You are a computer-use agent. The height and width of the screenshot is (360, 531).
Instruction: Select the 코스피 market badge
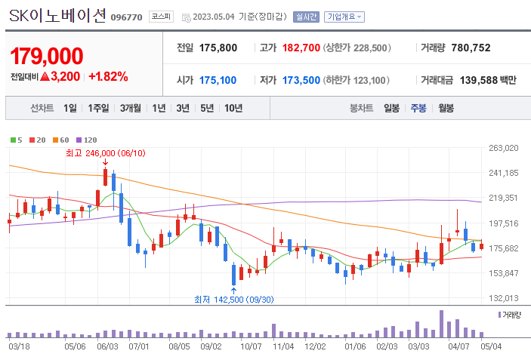click(x=160, y=17)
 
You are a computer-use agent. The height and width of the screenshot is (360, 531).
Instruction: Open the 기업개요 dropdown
click(x=345, y=17)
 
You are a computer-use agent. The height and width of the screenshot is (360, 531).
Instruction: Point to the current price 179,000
click(x=47, y=57)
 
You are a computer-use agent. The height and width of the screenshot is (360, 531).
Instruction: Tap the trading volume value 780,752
click(x=471, y=48)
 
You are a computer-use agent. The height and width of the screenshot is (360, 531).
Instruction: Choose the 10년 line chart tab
click(x=233, y=108)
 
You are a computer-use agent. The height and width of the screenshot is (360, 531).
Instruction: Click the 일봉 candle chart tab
click(x=391, y=108)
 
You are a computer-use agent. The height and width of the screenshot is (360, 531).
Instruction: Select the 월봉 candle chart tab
click(x=446, y=108)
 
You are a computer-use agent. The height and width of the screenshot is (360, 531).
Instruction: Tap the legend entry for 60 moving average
click(x=61, y=140)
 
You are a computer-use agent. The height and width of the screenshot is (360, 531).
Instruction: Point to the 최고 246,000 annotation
click(x=104, y=153)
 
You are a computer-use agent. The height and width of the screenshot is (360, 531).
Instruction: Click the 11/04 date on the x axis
click(x=282, y=346)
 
